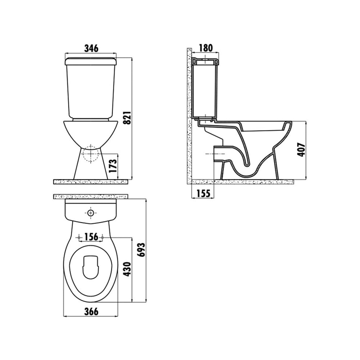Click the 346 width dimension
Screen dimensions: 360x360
pos(91,49)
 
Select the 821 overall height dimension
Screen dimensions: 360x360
pos(127,118)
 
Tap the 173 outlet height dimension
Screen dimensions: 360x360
pos(113,166)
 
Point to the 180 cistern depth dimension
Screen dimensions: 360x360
pos(206,48)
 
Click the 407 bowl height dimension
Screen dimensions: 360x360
pos(301,150)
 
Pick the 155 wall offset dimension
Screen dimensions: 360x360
pos(203,194)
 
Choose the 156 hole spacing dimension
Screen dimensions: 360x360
pos(91,237)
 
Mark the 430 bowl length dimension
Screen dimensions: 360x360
pos(127,269)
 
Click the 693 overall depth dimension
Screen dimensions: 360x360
pos(141,249)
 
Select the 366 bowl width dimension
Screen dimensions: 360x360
pos(91,311)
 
